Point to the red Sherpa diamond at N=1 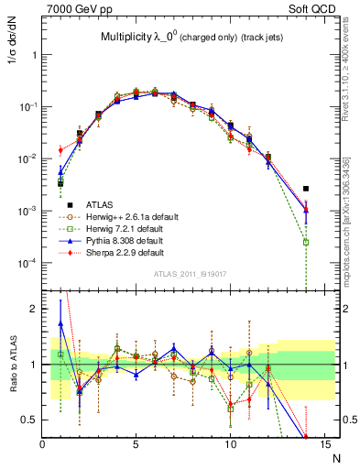(x=60, y=150)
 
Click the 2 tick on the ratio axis (x=35, y=309)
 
